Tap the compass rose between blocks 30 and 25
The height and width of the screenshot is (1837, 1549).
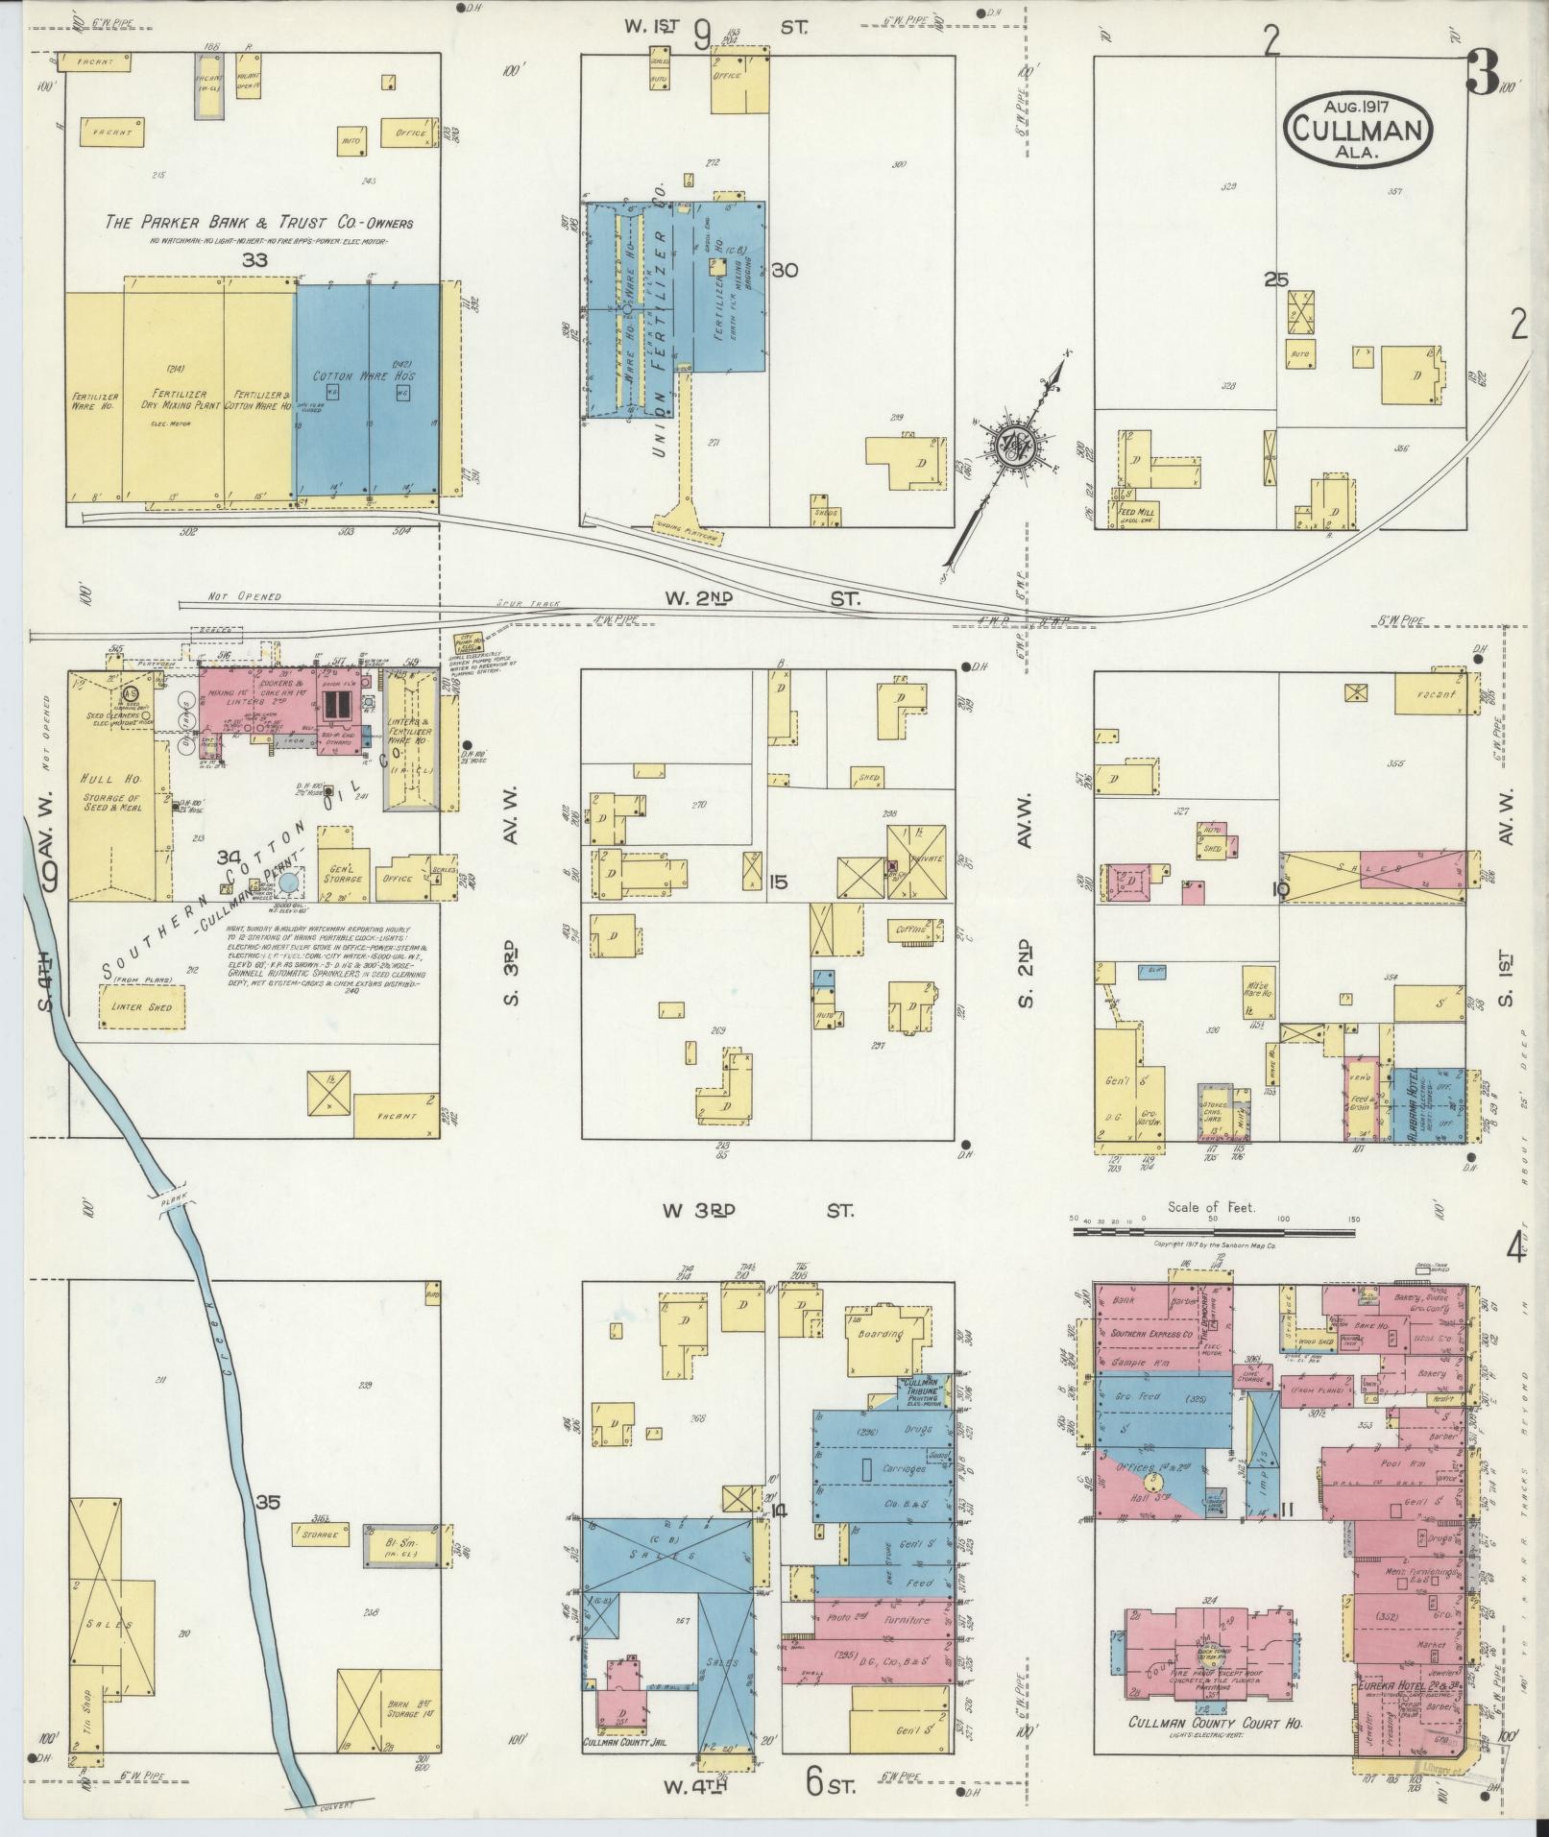(x=1014, y=443)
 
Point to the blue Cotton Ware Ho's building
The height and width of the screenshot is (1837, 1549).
(x=367, y=389)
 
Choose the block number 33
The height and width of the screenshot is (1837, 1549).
(x=254, y=260)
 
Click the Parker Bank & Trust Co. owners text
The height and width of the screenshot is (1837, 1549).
(x=259, y=223)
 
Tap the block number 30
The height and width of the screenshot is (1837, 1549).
(x=785, y=271)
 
